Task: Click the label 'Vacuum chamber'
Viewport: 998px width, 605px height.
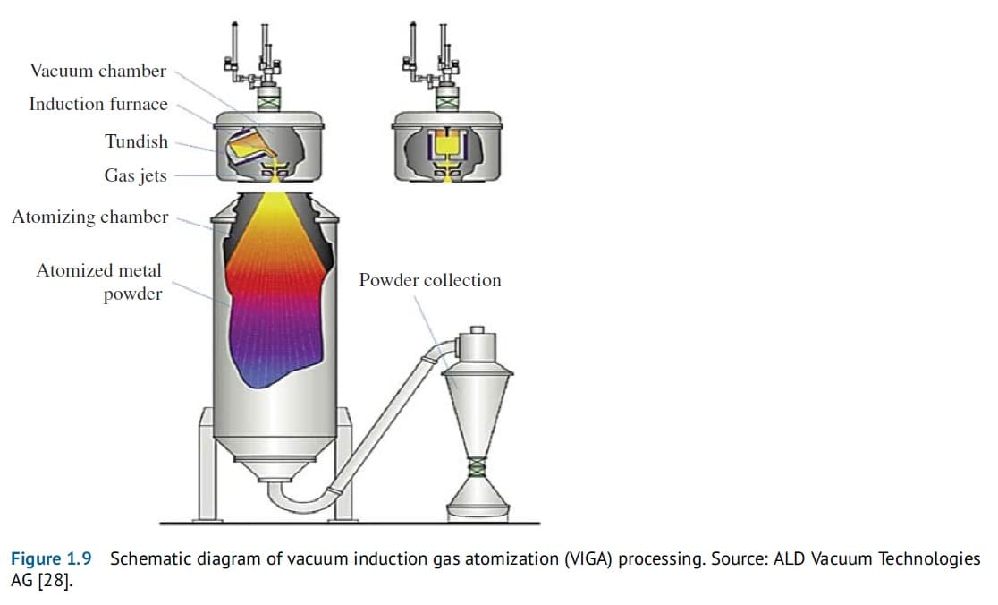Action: (x=97, y=71)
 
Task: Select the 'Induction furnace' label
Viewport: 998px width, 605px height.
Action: (x=97, y=104)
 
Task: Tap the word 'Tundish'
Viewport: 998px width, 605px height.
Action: (x=136, y=141)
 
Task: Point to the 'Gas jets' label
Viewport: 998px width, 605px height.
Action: (x=135, y=175)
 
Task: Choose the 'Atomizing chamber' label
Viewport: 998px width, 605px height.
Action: (x=89, y=217)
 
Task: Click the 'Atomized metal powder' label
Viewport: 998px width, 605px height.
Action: (x=99, y=282)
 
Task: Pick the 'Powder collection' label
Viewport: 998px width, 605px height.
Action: (x=430, y=280)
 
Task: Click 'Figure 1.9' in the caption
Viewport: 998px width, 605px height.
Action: (x=51, y=559)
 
